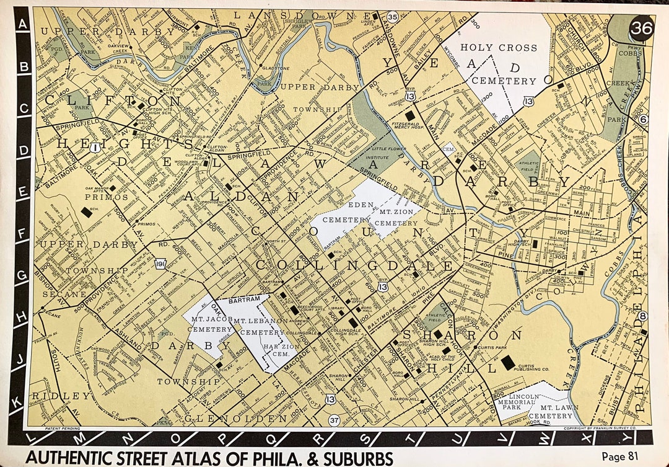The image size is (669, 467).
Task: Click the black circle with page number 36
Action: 641,28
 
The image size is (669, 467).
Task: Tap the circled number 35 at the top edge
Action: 392,17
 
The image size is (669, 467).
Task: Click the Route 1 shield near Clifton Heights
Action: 95,148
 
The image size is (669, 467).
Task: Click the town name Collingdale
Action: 354,266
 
